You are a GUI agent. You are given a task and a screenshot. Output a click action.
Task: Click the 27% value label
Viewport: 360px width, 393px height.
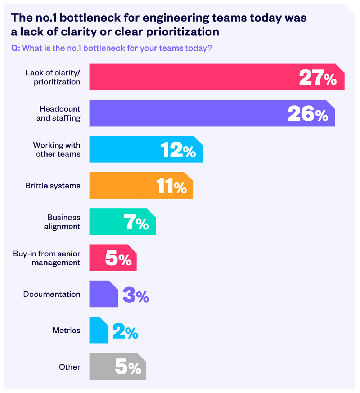318,77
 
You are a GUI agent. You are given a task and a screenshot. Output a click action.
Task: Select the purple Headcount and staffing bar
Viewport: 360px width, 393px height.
187,113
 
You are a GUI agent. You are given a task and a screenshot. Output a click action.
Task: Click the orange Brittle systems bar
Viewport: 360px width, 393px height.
122,186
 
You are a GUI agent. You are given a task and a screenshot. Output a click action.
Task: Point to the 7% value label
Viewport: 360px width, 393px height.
136,222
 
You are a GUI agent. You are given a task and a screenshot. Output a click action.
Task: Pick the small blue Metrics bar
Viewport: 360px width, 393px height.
98,330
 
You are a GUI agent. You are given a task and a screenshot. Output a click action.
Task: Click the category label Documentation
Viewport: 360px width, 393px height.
52,294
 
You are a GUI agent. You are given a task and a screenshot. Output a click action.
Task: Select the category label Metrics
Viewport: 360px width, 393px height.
66,330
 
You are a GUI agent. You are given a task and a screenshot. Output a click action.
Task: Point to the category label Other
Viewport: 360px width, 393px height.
69,367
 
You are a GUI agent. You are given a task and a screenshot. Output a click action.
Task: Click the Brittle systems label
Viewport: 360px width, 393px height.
53,186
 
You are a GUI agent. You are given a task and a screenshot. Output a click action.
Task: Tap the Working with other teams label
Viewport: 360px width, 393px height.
57,149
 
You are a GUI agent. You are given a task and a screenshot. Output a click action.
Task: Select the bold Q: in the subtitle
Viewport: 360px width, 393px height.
15,48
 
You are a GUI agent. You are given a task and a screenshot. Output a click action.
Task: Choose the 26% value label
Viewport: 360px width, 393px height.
308,114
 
